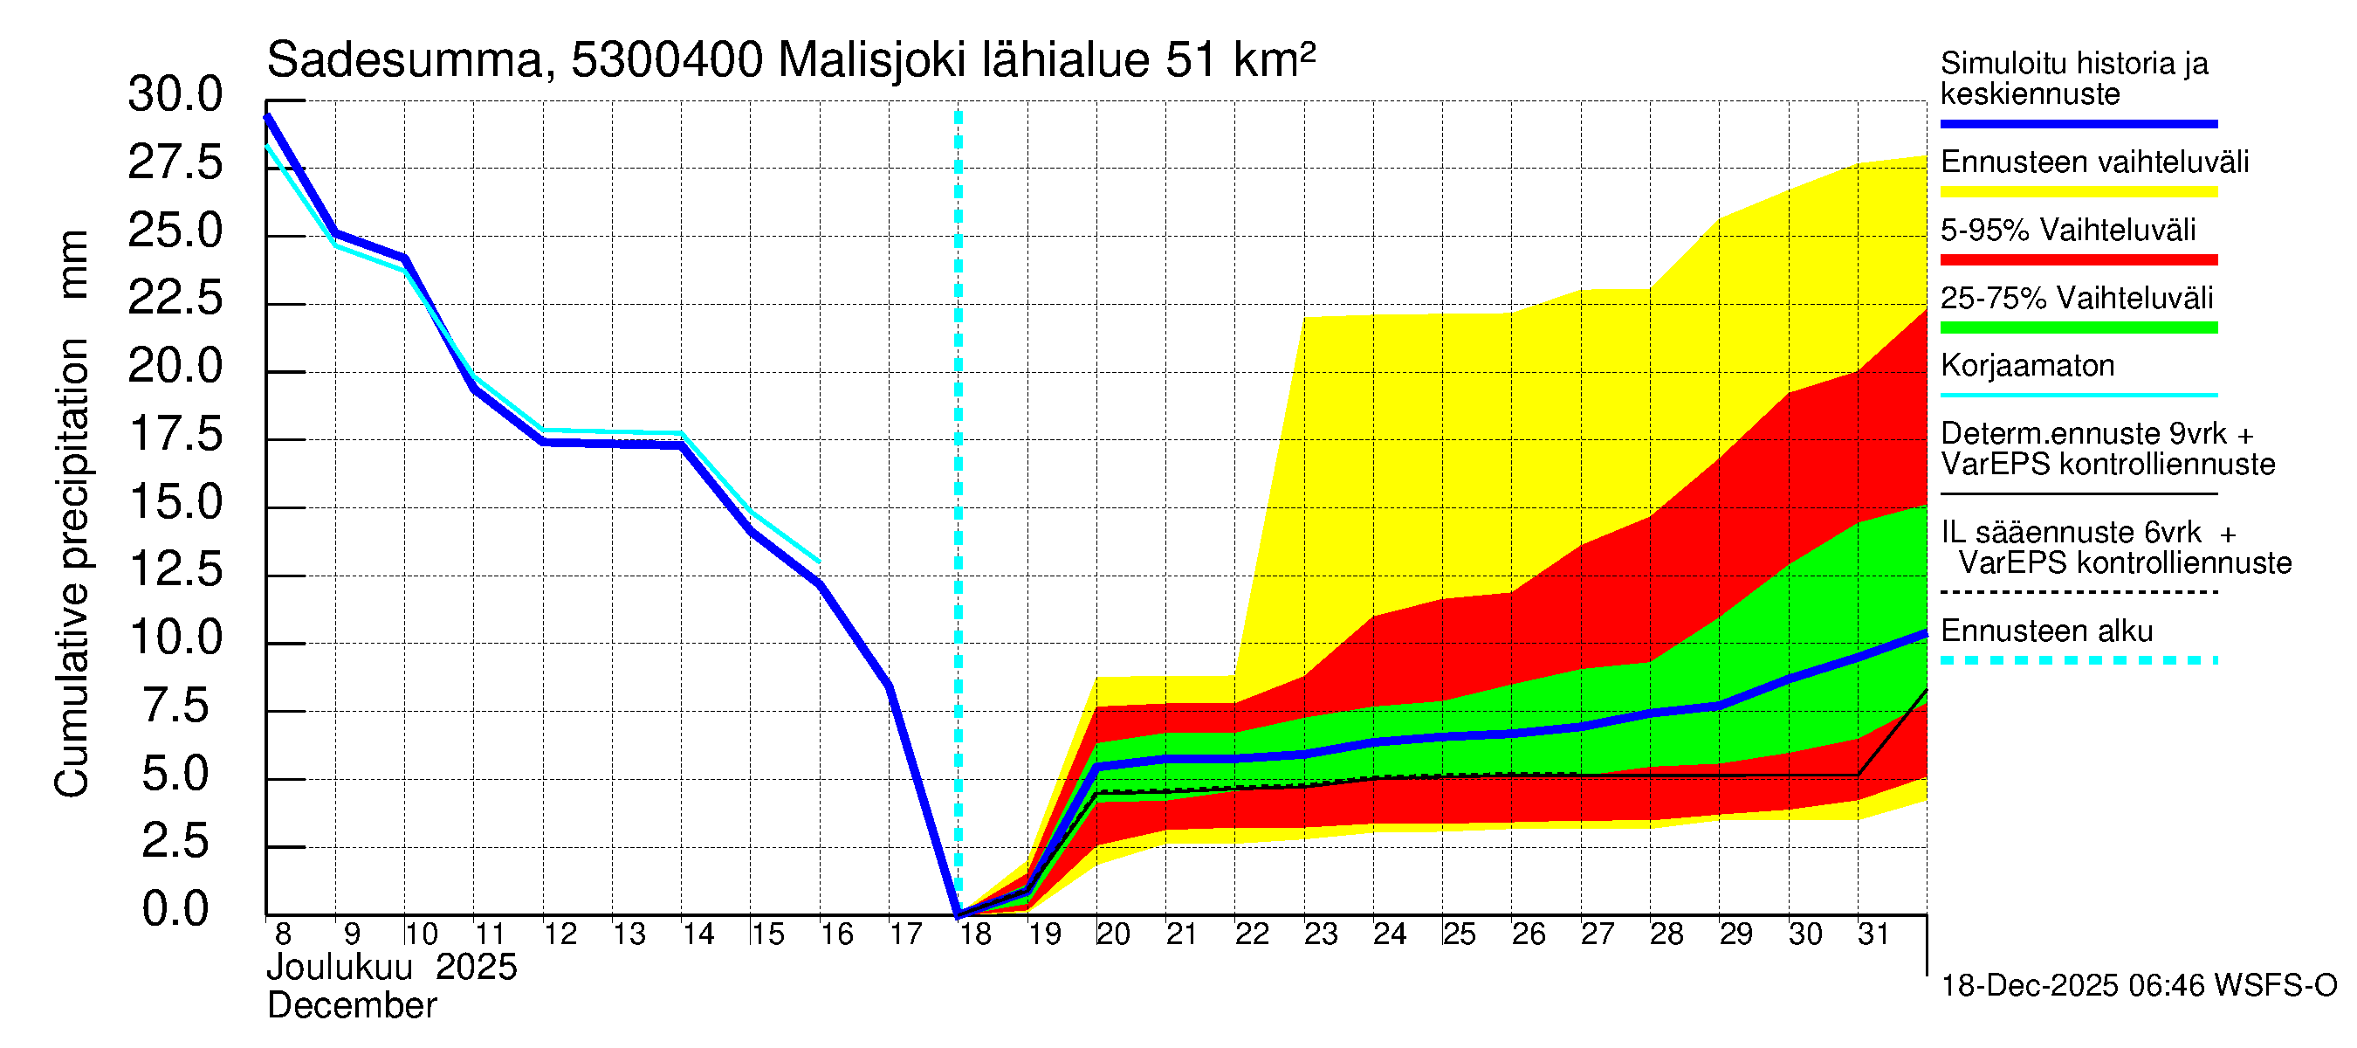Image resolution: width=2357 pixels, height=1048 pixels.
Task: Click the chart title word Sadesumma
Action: (x=404, y=61)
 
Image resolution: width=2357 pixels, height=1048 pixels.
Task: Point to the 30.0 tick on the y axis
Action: (x=175, y=95)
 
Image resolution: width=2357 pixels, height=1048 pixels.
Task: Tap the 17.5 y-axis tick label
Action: (x=175, y=435)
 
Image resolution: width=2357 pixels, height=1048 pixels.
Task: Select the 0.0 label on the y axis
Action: (x=175, y=910)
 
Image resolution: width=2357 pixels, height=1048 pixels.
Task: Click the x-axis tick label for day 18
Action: (x=975, y=934)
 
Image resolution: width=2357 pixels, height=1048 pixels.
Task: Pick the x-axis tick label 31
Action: (x=1873, y=934)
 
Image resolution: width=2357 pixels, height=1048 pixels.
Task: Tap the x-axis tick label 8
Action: (x=283, y=934)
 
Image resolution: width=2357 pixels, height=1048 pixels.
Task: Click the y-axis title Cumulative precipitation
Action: (x=72, y=568)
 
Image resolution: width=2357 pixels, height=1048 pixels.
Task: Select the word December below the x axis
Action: (x=351, y=1006)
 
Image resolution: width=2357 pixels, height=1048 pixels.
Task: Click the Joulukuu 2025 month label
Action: (x=392, y=968)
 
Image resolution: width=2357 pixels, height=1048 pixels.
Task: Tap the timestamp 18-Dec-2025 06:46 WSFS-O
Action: (x=2138, y=986)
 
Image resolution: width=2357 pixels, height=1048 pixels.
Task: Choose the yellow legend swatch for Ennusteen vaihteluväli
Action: (x=2078, y=192)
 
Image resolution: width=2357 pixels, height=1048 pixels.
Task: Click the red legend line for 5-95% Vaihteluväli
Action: (x=2078, y=260)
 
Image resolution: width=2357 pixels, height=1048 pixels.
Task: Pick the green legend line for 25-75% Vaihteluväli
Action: (x=2078, y=327)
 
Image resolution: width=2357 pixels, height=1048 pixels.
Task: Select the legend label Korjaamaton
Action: (x=2027, y=366)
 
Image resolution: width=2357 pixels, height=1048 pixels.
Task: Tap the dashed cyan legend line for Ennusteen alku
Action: (x=2078, y=660)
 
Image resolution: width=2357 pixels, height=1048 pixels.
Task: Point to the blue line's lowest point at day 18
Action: (x=958, y=914)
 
